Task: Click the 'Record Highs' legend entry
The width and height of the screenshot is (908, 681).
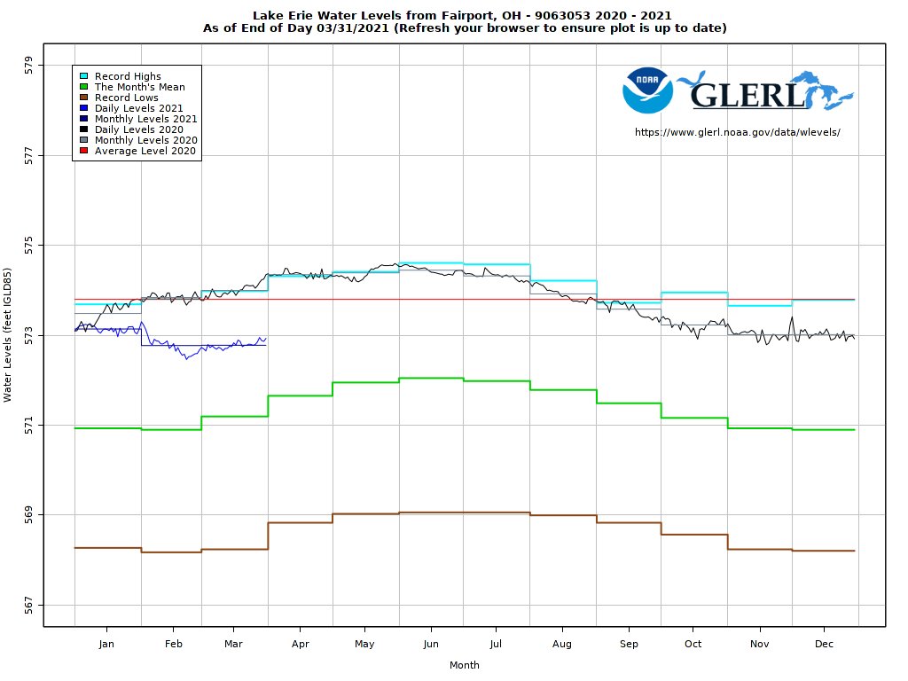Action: click(128, 76)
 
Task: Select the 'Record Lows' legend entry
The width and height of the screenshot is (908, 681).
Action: click(126, 98)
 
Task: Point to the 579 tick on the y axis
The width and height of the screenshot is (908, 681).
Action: click(29, 65)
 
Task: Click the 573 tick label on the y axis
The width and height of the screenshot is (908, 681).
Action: click(29, 335)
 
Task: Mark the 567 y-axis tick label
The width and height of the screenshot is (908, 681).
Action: click(29, 605)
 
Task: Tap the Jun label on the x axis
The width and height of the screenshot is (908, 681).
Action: click(431, 645)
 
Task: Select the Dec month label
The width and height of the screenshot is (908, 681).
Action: click(824, 645)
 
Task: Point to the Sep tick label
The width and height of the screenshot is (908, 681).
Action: click(628, 645)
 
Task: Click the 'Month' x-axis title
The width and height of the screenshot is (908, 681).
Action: click(464, 665)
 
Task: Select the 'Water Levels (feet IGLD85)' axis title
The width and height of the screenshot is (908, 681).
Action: click(8, 335)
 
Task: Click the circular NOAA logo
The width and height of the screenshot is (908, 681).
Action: click(647, 90)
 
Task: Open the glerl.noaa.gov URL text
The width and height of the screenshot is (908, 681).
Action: click(737, 132)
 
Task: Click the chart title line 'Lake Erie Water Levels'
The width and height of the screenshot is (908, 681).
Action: click(462, 15)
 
